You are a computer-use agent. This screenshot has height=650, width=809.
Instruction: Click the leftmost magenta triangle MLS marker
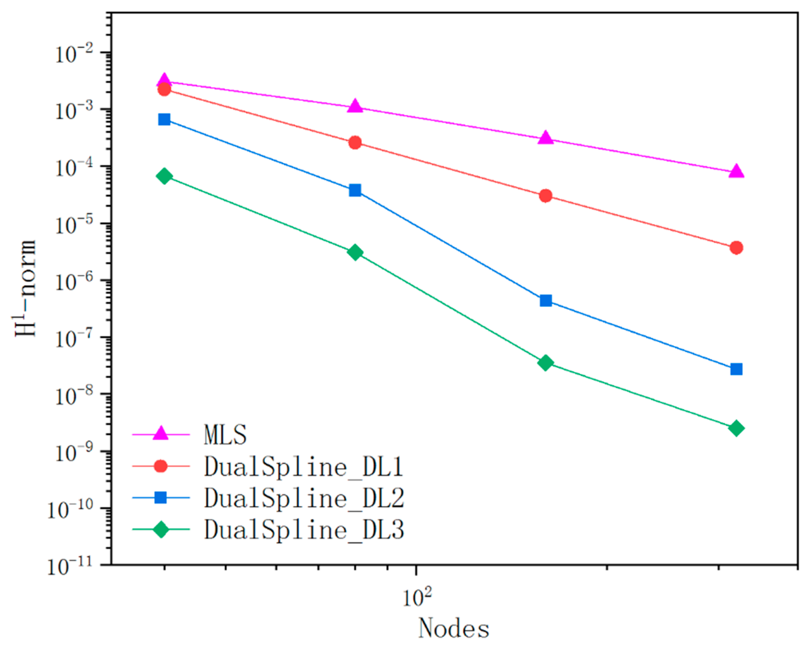pyautogui.click(x=164, y=80)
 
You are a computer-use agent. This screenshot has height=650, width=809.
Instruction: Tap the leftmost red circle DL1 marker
pyautogui.click(x=164, y=89)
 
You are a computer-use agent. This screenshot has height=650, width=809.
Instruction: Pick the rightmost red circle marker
pyautogui.click(x=736, y=248)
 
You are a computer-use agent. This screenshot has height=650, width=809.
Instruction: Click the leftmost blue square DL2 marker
pyautogui.click(x=164, y=120)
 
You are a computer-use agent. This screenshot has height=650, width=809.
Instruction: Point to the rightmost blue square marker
pyautogui.click(x=736, y=369)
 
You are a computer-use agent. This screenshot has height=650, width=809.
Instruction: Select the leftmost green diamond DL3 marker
pyautogui.click(x=164, y=176)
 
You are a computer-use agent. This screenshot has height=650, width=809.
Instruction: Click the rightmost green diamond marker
pyautogui.click(x=736, y=428)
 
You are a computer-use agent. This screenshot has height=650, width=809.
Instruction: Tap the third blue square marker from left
pyautogui.click(x=546, y=301)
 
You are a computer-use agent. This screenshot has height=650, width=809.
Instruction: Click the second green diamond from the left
pyautogui.click(x=355, y=252)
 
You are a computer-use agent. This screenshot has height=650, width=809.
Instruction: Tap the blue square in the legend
pyautogui.click(x=161, y=498)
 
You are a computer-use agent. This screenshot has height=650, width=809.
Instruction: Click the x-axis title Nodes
pyautogui.click(x=454, y=628)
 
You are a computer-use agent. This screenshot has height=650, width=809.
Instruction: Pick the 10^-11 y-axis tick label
pyautogui.click(x=69, y=567)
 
